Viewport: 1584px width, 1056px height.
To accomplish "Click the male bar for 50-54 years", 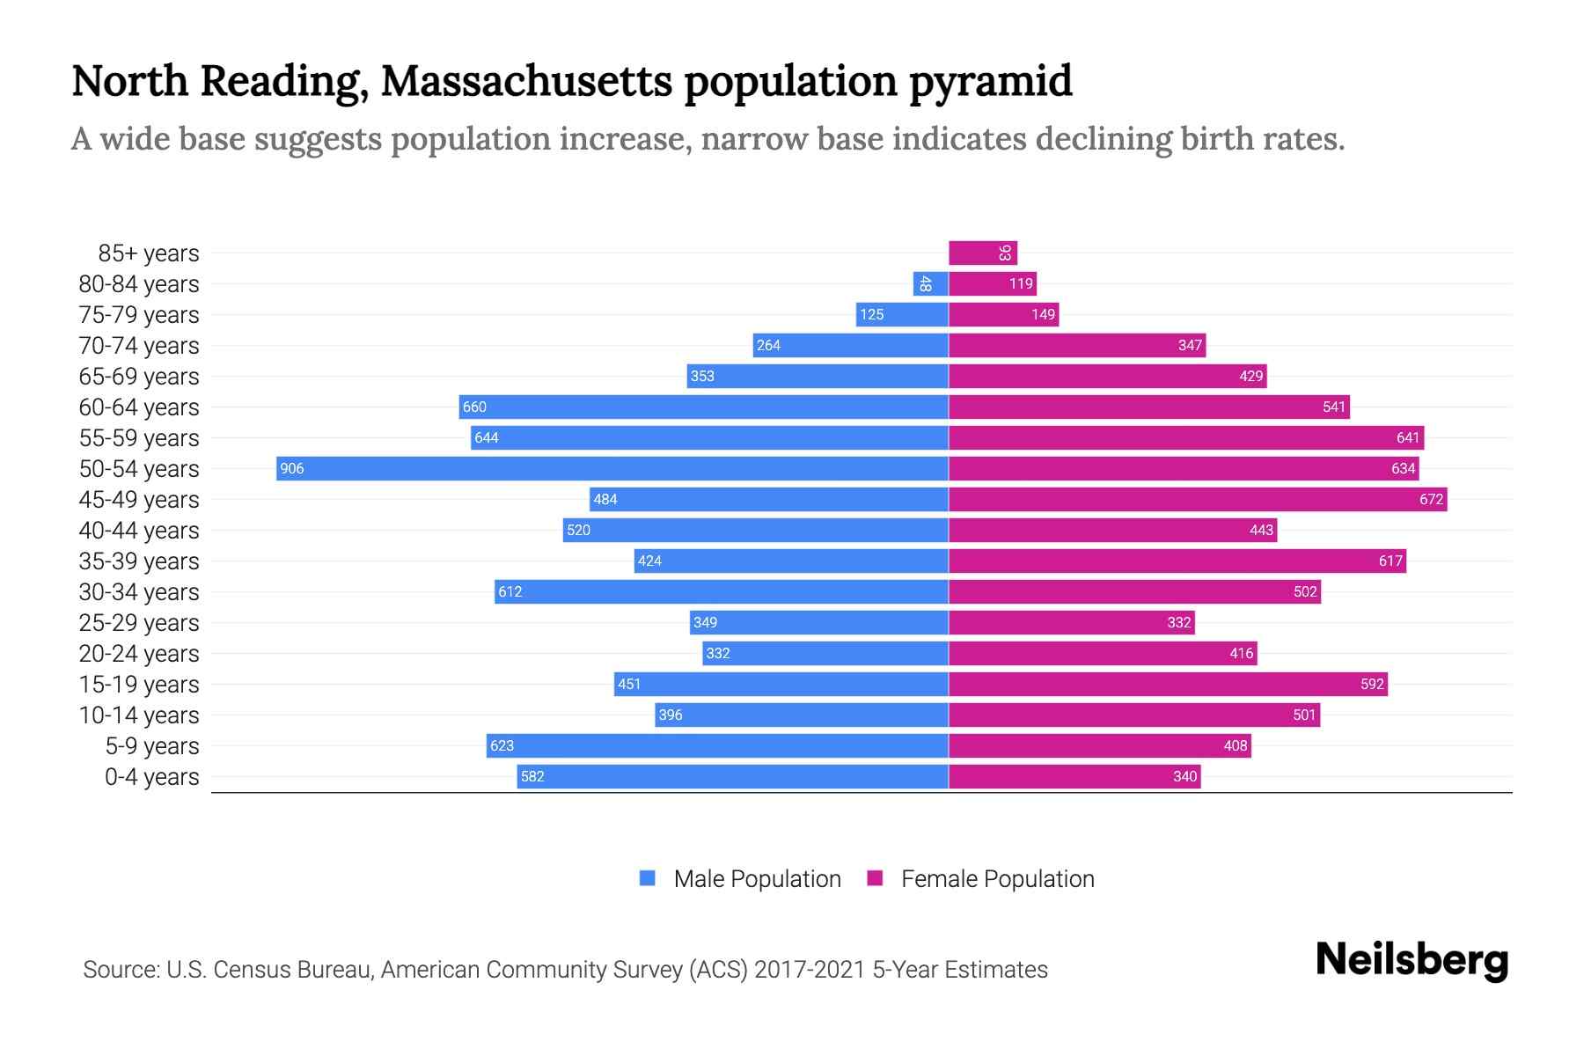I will click(612, 468).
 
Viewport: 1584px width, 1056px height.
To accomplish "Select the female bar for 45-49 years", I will click(1197, 499).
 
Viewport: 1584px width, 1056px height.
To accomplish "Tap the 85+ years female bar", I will click(982, 253).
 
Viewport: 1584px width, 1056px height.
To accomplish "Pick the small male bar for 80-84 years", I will click(930, 283).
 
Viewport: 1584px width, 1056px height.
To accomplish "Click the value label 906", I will click(291, 469).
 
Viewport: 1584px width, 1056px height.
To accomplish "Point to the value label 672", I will click(1431, 500).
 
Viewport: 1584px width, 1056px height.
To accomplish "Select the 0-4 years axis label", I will click(151, 777).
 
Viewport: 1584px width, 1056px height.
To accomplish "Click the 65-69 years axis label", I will click(139, 377).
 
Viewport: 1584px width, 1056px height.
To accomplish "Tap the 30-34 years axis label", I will click(139, 592).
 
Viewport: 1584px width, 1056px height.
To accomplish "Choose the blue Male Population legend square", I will click(648, 878).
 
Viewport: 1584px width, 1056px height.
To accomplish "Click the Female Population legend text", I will click(997, 879).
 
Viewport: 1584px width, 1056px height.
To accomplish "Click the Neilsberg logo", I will click(1412, 960).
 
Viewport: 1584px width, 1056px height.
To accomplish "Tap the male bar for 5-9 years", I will click(717, 745).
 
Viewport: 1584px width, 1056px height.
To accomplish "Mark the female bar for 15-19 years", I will click(1168, 684).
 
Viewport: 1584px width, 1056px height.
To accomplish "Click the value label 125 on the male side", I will click(871, 315).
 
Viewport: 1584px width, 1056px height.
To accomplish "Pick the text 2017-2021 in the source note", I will click(810, 970).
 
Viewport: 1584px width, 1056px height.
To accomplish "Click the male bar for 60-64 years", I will click(703, 407).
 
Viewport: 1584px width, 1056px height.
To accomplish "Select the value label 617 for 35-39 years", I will click(1390, 561).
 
